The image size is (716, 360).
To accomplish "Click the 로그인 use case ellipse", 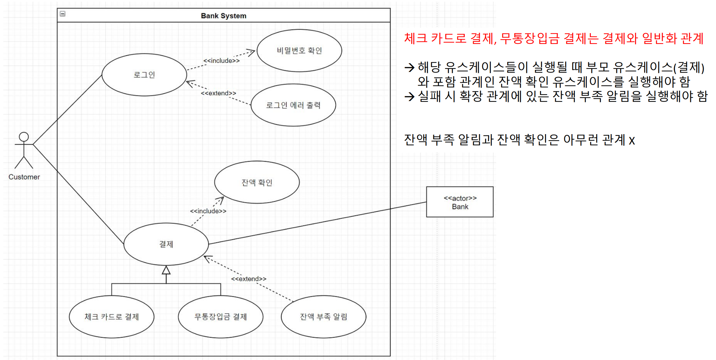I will (x=144, y=75).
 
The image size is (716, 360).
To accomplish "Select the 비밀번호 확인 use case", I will (x=299, y=51).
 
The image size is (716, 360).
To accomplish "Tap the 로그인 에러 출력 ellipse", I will (x=293, y=105).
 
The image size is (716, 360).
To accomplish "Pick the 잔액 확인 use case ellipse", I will (x=257, y=182).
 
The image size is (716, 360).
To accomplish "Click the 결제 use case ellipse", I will (x=166, y=244).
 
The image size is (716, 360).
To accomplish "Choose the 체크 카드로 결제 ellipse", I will (x=111, y=317).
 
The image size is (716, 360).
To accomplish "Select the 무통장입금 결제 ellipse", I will (x=220, y=317).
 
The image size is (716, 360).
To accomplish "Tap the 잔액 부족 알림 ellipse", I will (x=324, y=317).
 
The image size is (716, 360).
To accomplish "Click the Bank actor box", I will (x=460, y=202).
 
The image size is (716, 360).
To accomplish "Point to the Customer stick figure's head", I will (x=24, y=137).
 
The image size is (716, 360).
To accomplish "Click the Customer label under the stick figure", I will (x=24, y=177).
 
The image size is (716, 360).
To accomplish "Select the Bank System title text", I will (x=223, y=16).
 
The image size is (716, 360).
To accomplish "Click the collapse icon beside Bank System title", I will (x=63, y=14).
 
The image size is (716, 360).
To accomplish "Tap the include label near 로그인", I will (x=221, y=61).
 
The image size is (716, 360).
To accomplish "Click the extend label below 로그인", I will (x=218, y=93).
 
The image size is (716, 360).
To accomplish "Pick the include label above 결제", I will (x=208, y=211).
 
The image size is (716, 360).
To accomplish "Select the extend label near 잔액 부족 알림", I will (x=249, y=279).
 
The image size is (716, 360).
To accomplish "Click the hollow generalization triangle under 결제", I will (x=166, y=270).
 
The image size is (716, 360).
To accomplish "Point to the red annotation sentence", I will (x=554, y=38).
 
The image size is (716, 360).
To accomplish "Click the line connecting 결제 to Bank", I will (x=318, y=222).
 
